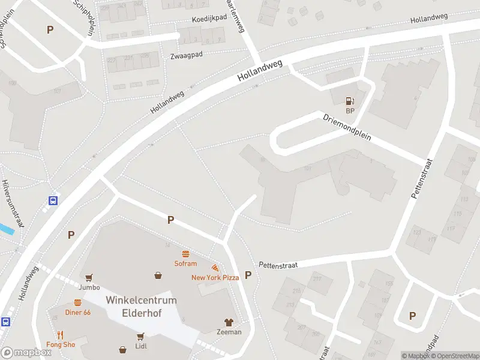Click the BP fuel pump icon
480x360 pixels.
pos(350,101)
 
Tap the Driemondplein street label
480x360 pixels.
pos(347,128)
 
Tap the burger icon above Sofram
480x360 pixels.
pos(185,254)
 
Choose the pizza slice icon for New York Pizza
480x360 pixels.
pos(215,268)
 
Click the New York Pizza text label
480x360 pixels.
pos(215,277)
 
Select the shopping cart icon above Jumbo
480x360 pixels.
pos(89,277)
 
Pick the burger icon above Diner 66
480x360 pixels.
pos(77,302)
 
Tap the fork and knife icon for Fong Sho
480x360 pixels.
pos(61,334)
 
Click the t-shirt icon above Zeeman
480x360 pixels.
pos(229,322)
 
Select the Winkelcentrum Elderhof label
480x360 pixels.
pos(141,306)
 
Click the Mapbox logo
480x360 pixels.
pos(26,352)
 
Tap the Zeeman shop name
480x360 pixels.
pos(229,332)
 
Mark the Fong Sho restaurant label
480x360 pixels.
pos(61,344)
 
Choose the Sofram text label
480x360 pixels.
pos(185,263)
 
